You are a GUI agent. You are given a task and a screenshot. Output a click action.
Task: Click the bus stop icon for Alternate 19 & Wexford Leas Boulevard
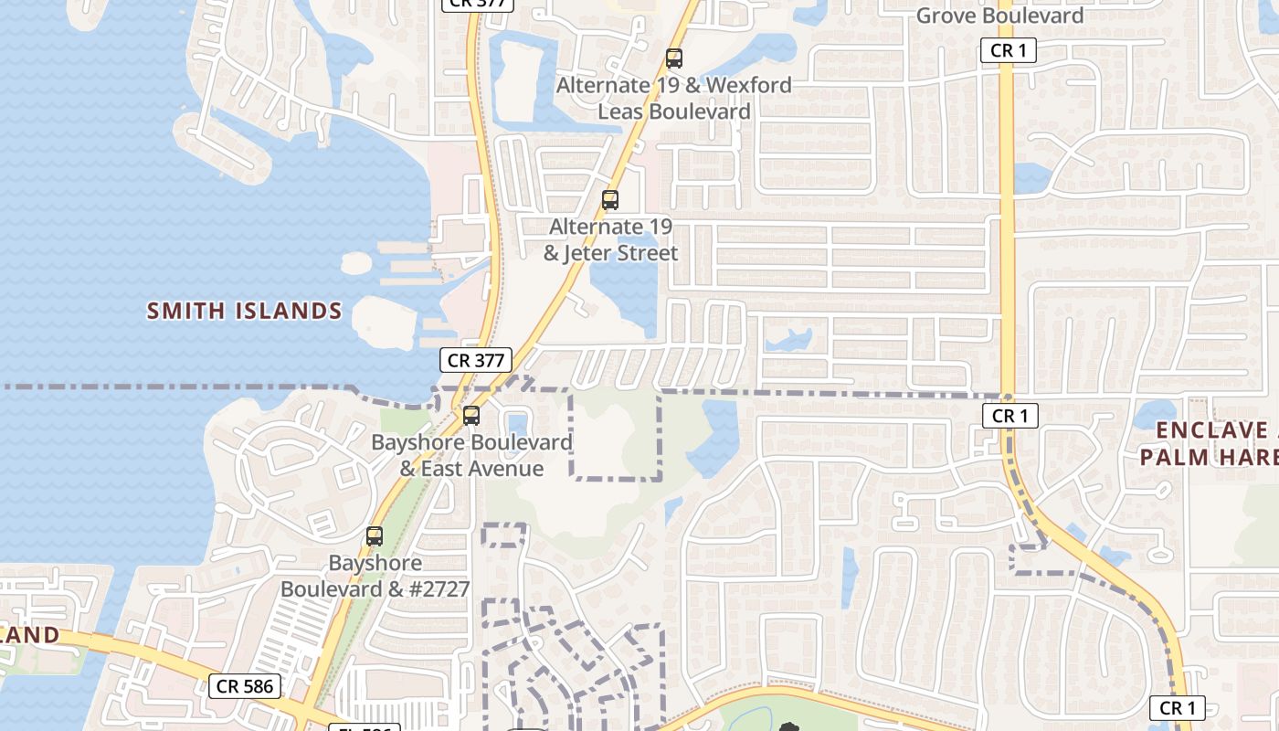(x=674, y=59)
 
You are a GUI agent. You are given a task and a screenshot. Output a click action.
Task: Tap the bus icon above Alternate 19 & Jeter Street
(x=610, y=200)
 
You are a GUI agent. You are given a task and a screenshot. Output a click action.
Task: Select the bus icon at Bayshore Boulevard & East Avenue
(x=471, y=416)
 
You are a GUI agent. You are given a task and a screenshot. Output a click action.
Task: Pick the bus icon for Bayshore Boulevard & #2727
(x=375, y=536)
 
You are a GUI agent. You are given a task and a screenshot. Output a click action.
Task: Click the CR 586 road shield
(x=245, y=685)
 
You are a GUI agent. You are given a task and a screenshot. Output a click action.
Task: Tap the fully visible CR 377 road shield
(x=476, y=360)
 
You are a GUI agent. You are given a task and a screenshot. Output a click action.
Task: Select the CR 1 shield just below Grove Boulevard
(x=1009, y=50)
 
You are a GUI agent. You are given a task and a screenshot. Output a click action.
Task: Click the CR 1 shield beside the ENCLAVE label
(x=1009, y=416)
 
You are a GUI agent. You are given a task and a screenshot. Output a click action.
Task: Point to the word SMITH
(x=186, y=311)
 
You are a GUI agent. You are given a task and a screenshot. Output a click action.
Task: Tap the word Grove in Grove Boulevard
(x=946, y=16)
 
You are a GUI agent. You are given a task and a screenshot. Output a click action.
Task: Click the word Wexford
(x=750, y=85)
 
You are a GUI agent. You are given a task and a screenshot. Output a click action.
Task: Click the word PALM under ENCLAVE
(x=1177, y=457)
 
